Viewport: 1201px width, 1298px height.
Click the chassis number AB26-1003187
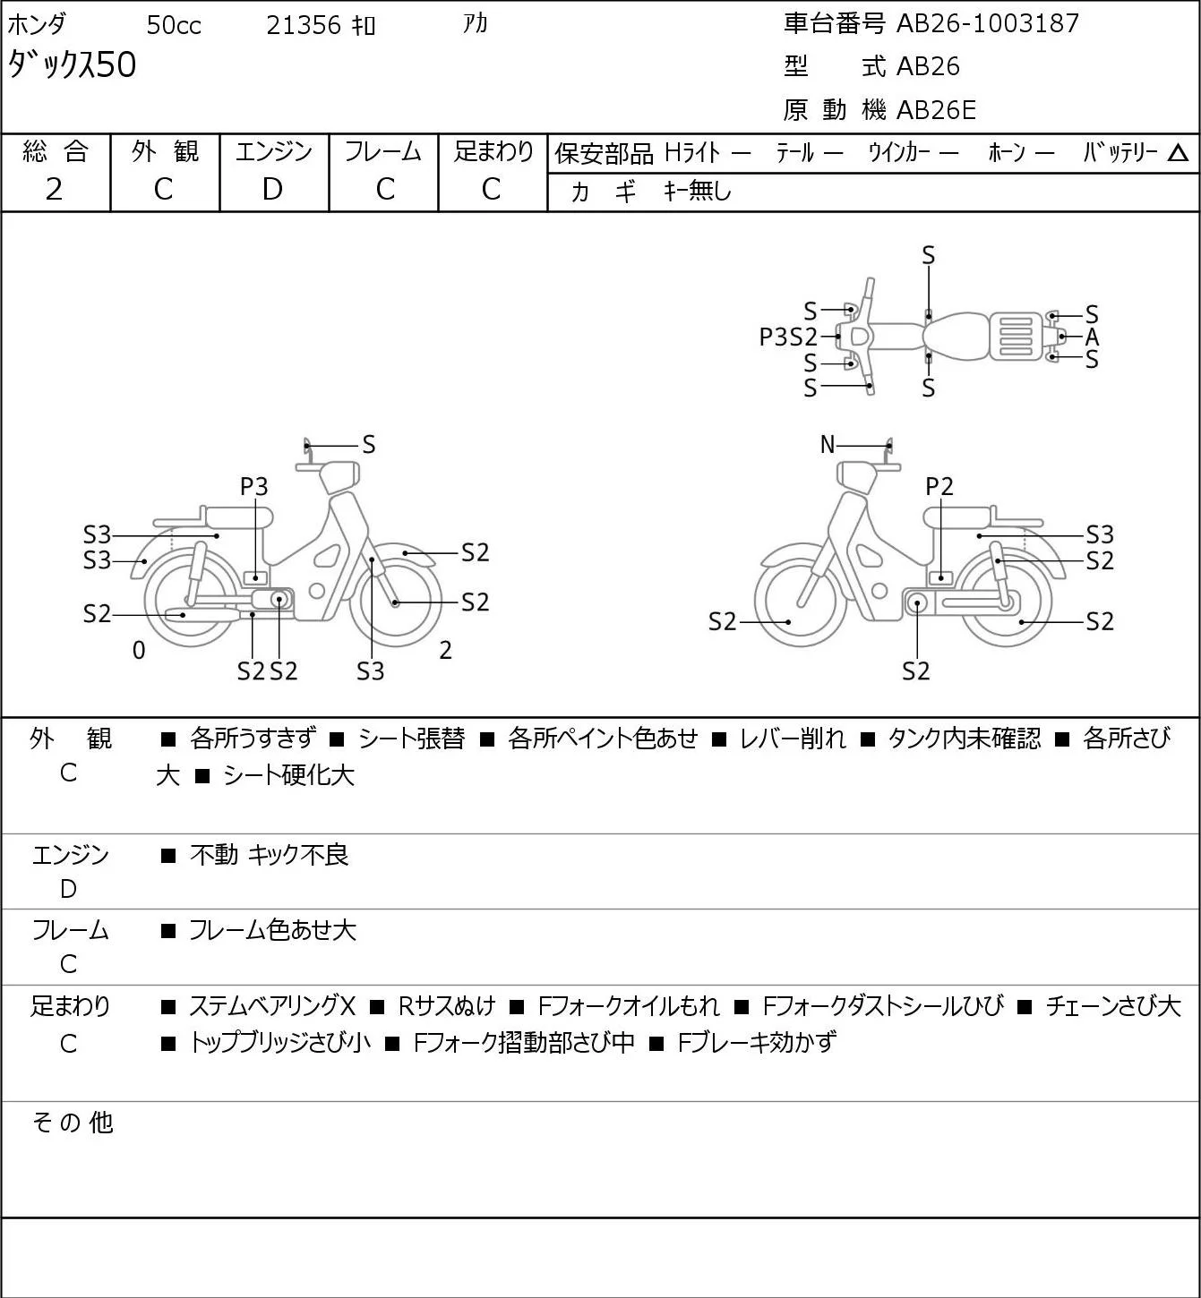(x=987, y=23)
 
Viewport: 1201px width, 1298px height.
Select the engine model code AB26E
(x=936, y=110)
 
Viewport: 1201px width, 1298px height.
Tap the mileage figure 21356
(x=304, y=25)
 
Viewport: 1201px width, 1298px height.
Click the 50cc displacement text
(x=174, y=25)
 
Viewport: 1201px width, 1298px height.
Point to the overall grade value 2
(x=54, y=190)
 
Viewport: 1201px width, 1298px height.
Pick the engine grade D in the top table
(x=272, y=190)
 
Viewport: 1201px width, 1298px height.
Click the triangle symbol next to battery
(x=1178, y=153)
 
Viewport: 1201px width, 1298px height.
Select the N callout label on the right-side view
(x=828, y=444)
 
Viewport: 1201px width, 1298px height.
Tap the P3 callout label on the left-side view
(x=253, y=486)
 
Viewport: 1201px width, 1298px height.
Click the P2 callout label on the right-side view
(x=939, y=486)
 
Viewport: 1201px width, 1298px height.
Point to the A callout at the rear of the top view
(x=1092, y=337)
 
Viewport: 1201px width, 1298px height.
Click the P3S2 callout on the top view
(x=788, y=337)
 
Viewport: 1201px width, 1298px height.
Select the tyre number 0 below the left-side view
(x=139, y=650)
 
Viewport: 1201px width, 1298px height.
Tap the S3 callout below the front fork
(x=370, y=671)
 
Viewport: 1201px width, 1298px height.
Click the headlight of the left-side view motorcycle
(x=339, y=477)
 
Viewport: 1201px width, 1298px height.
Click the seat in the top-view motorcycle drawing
(x=955, y=337)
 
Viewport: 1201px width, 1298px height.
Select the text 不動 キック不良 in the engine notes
(x=270, y=855)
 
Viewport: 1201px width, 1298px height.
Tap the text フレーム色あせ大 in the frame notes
(x=272, y=930)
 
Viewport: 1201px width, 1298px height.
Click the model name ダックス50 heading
(x=72, y=65)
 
